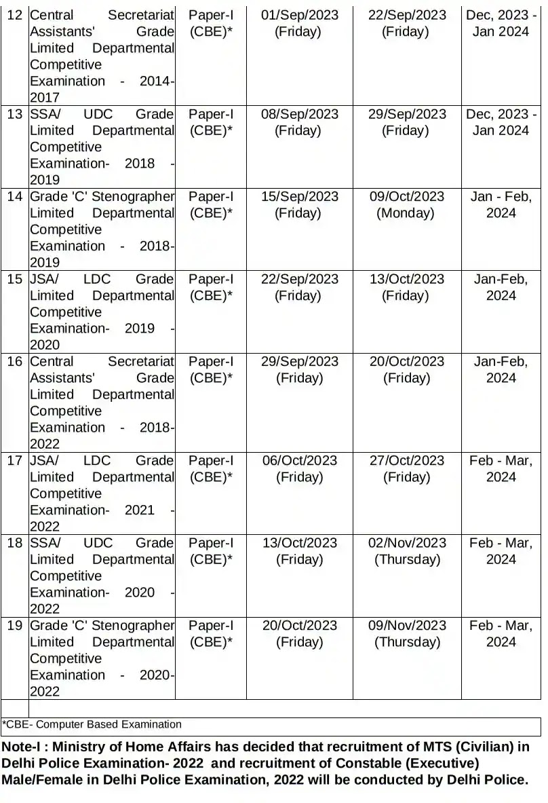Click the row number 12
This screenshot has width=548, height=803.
click(14, 15)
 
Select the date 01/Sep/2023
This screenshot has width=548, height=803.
click(299, 15)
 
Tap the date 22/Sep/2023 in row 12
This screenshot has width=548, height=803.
click(407, 15)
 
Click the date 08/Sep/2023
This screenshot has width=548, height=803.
click(299, 114)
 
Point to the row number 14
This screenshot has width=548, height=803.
click(14, 197)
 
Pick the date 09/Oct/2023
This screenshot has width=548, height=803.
click(407, 197)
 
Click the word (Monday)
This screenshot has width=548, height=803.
click(406, 213)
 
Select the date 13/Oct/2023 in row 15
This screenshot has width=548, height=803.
click(407, 279)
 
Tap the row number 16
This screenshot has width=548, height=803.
click(14, 362)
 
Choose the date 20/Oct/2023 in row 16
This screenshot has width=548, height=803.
click(407, 362)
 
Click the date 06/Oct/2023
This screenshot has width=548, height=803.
click(299, 461)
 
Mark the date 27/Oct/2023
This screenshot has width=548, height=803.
click(407, 461)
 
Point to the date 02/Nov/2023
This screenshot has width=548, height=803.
click(407, 543)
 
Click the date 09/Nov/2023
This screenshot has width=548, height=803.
click(407, 626)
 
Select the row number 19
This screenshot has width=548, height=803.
click(14, 626)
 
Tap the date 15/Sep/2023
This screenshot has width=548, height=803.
click(299, 197)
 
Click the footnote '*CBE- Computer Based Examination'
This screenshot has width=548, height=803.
click(92, 724)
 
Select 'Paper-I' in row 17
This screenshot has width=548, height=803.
click(211, 461)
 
